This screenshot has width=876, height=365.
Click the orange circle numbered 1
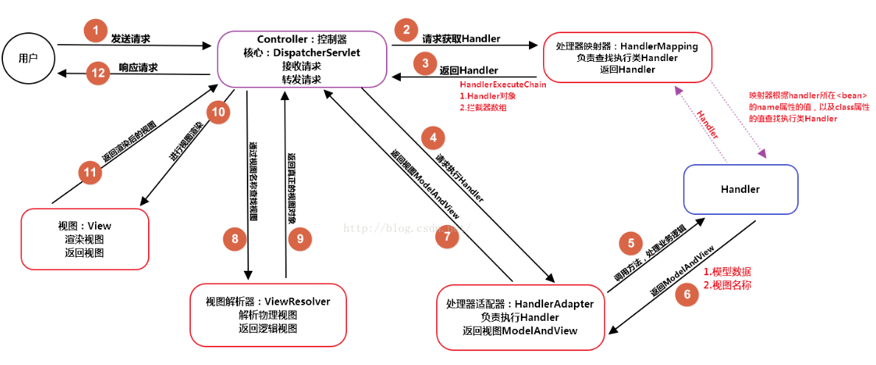(95, 30)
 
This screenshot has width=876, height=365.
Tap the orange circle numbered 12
(98, 73)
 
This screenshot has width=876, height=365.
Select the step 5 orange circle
(630, 242)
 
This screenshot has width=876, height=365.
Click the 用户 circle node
(28, 57)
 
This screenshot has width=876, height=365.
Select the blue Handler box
(740, 189)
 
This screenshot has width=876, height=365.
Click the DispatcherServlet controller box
(302, 58)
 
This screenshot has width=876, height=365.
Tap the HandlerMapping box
(627, 57)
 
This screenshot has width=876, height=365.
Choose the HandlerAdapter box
(520, 317)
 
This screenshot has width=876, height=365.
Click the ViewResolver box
(267, 314)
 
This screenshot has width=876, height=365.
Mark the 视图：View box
(85, 238)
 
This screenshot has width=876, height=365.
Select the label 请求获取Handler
(461, 38)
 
